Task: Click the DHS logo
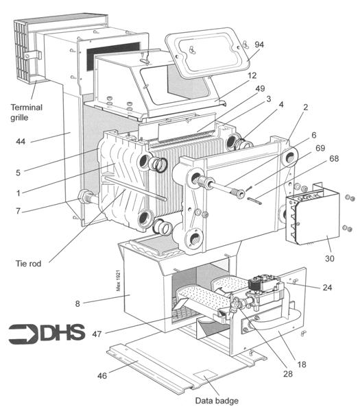click(47, 333)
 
